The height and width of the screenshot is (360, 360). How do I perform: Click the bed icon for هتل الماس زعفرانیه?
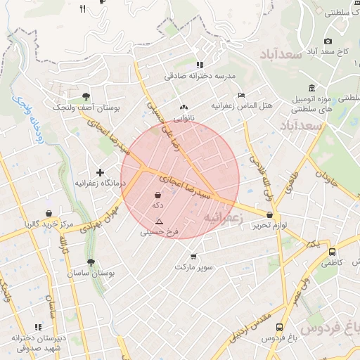pos(242,95)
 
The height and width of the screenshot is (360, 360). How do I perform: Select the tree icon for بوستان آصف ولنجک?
pos(86,96)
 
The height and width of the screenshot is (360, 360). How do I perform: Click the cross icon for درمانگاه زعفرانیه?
pos(100,172)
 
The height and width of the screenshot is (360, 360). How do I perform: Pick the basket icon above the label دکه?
pos(158,194)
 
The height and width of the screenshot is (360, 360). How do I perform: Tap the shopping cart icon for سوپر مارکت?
pos(194,256)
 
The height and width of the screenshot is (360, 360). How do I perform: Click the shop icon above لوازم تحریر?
pos(269,214)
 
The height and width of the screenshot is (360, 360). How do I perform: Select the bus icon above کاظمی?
pos(332,252)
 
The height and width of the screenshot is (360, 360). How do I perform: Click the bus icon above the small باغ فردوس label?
pos(280,327)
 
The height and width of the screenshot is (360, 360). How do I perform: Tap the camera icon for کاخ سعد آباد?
pos(328,41)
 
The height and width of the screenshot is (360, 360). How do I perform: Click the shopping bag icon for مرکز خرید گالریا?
pos(48,213)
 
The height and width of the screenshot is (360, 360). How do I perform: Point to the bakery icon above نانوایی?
pos(184,108)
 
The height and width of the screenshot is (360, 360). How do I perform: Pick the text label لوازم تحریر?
pos(269,226)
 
